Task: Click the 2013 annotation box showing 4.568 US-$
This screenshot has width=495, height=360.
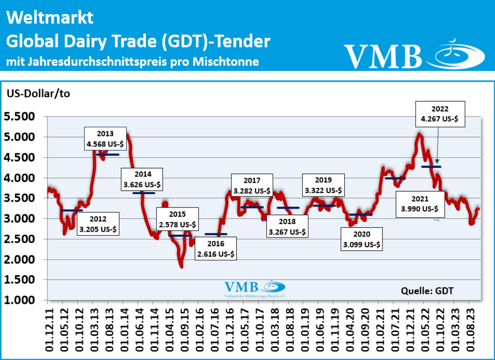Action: point(105,138)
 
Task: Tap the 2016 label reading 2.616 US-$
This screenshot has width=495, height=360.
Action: point(216,248)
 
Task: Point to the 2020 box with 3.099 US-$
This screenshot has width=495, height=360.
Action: point(361,239)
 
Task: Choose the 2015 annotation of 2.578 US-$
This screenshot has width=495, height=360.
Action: point(176,219)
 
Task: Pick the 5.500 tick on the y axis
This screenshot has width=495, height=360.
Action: point(19,117)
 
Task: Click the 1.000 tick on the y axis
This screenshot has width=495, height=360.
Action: point(19,300)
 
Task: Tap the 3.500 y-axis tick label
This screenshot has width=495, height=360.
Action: point(19,198)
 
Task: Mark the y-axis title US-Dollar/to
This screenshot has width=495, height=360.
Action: point(38,93)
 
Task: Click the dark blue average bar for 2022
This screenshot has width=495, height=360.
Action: point(431,166)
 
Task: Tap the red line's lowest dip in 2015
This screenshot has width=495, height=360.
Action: point(181,266)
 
